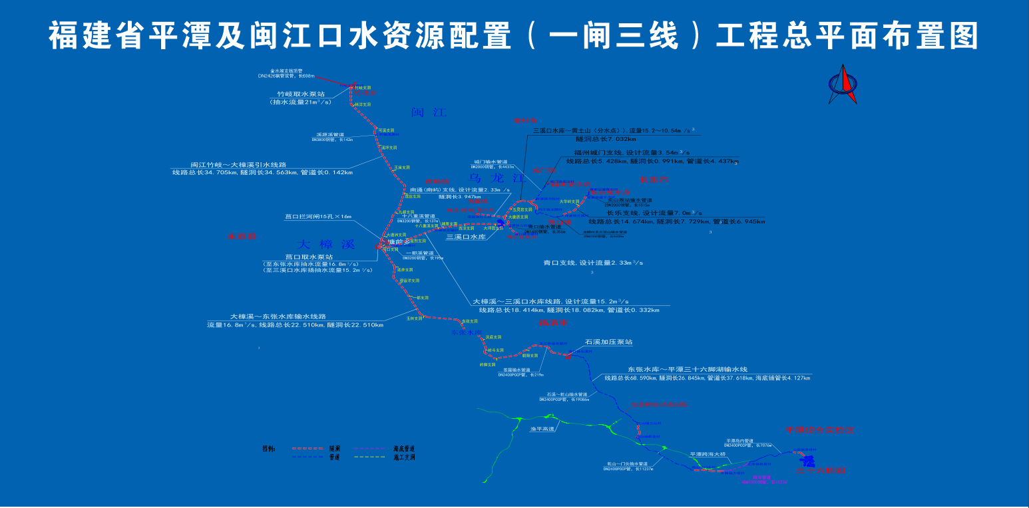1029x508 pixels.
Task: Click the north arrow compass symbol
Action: point(842,84)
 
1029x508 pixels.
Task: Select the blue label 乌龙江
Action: point(497,178)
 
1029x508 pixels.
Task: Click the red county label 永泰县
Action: point(242,236)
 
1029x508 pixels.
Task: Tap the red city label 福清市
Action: point(552,322)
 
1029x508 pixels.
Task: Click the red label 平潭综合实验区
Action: point(819,430)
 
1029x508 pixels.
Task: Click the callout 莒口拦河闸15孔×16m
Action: point(317,217)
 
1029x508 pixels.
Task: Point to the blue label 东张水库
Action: point(465,332)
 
